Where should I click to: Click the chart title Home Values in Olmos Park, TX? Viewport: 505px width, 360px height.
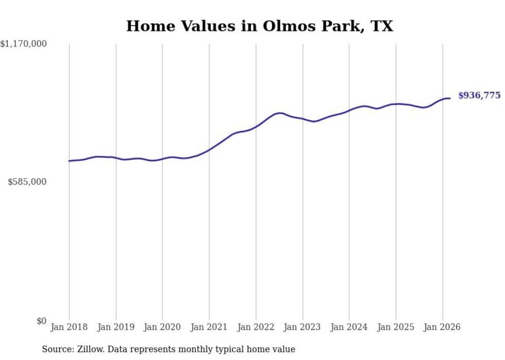click(x=259, y=26)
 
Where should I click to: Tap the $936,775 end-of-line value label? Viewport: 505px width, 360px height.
click(x=479, y=96)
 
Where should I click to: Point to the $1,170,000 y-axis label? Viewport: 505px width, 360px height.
click(x=23, y=45)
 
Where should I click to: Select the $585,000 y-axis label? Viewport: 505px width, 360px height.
click(x=27, y=182)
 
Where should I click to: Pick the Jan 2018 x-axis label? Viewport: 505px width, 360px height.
click(x=69, y=327)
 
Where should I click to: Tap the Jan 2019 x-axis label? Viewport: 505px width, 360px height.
click(x=116, y=327)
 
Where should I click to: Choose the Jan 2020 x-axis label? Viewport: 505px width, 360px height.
click(x=162, y=327)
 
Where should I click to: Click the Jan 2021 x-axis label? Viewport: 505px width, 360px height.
click(x=209, y=327)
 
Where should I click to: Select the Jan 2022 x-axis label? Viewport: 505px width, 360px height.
click(x=256, y=327)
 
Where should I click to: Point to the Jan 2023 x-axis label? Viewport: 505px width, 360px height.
click(x=302, y=327)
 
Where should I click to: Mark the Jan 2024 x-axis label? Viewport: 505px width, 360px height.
click(x=349, y=327)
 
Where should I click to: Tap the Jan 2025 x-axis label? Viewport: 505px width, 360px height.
click(x=396, y=327)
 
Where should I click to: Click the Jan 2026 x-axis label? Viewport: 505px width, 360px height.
click(x=443, y=327)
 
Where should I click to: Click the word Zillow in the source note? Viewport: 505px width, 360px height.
click(x=89, y=349)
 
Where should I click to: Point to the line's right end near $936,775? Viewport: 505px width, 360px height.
click(x=450, y=98)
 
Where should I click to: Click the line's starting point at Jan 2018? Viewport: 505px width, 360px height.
click(x=69, y=161)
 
